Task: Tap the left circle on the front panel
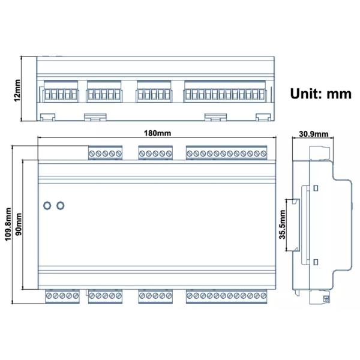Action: point(47,206)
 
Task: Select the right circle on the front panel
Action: point(60,206)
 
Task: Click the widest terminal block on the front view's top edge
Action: point(226,154)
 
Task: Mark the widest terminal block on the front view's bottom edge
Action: point(226,295)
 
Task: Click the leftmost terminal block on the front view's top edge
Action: point(106,154)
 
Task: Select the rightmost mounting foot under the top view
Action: point(263,116)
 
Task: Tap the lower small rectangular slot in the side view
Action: point(314,262)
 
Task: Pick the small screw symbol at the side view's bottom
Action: point(326,298)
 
